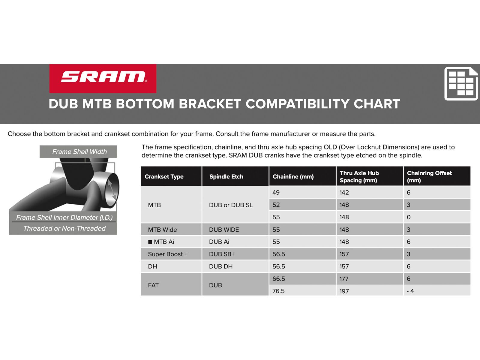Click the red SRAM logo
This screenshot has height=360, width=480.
point(103,78)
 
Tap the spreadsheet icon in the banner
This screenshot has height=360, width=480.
point(461,84)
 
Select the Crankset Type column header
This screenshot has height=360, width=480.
point(164,176)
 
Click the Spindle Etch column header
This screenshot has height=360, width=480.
point(226,176)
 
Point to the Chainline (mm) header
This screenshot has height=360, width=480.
point(293,176)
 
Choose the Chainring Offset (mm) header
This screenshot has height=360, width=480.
point(429,176)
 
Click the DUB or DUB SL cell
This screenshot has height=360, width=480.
point(231,205)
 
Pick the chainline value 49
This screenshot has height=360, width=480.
point(276,193)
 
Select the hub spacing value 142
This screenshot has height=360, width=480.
point(344,193)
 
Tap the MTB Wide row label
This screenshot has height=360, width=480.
point(162,229)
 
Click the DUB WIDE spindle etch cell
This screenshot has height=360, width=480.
point(224,229)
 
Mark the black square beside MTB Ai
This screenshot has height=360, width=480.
point(150,242)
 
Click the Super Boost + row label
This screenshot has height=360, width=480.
point(167,254)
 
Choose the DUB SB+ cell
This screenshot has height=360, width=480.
point(222,254)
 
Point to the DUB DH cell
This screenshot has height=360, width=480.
point(220,266)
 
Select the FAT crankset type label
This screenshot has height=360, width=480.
point(153,285)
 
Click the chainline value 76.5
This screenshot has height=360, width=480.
point(278,291)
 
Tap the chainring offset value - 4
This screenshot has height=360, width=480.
point(410,291)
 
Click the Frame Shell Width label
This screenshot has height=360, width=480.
point(79,152)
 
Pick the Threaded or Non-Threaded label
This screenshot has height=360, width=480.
point(64,228)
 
